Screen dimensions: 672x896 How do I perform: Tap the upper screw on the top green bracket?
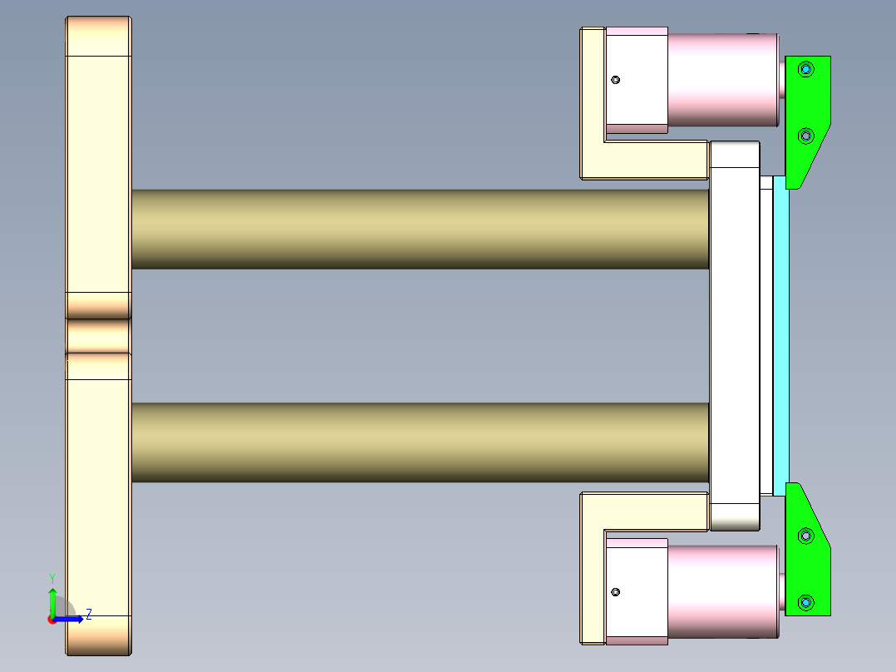[805, 68]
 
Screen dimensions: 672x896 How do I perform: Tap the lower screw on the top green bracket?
[805, 135]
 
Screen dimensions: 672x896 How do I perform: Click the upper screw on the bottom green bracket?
[805, 536]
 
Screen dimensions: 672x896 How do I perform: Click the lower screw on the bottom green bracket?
[805, 601]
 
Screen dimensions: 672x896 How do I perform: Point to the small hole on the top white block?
[616, 80]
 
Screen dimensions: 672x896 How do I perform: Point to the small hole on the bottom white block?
[616, 592]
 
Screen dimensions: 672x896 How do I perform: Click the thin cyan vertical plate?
[780, 333]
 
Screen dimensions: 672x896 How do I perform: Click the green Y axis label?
[52, 577]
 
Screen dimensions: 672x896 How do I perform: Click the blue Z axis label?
[88, 614]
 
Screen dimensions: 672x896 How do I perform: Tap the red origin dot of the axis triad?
[52, 619]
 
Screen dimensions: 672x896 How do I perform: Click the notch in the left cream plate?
[98, 336]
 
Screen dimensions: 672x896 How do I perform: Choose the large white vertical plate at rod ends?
[734, 333]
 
